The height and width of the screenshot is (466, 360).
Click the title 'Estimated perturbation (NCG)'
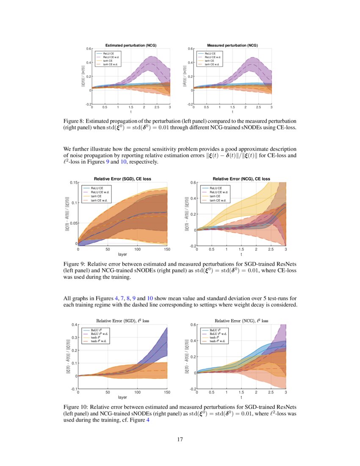pos(130,45)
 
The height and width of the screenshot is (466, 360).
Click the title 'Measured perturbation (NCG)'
pos(232,45)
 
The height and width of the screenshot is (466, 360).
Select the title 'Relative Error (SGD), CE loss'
pos(122,179)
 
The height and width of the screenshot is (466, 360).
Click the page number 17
pos(180,439)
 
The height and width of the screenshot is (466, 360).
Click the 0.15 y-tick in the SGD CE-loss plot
pos(72,183)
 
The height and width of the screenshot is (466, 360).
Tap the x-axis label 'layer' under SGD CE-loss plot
pos(122,255)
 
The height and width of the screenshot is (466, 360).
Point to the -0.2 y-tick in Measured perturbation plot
pos(191,104)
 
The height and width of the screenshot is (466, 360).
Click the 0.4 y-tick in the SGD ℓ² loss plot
pos(74,325)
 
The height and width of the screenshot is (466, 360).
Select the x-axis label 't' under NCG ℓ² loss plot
pos(241,397)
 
